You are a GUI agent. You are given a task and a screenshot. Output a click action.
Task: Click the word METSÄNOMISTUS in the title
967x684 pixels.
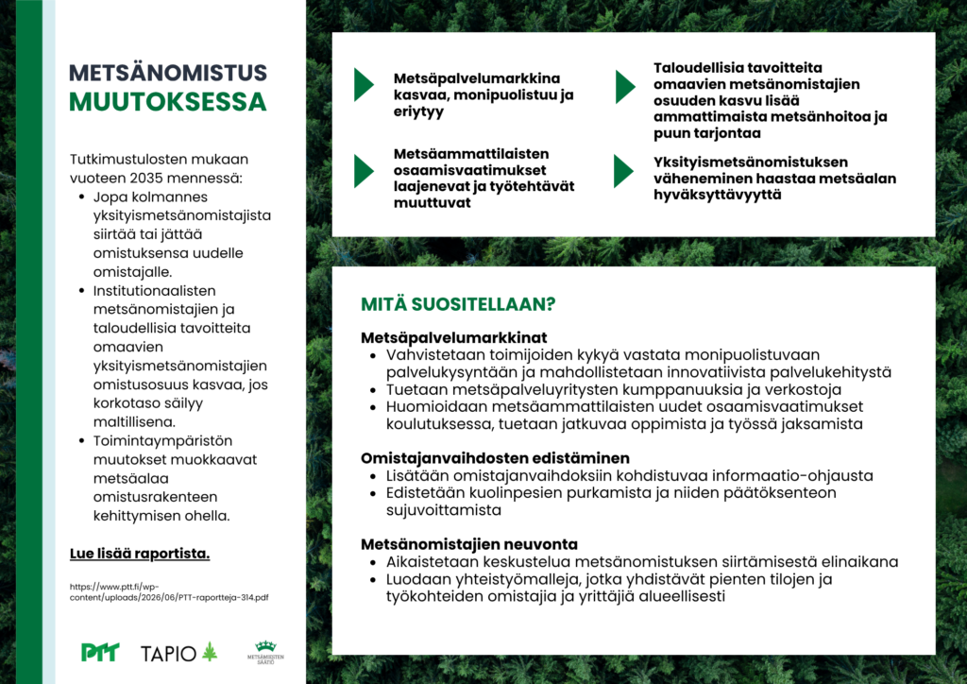[168, 73]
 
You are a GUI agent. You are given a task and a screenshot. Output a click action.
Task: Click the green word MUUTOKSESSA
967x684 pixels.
[168, 102]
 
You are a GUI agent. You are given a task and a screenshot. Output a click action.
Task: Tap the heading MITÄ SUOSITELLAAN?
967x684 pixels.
[458, 304]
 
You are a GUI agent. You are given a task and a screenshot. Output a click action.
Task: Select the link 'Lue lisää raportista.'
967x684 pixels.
[140, 554]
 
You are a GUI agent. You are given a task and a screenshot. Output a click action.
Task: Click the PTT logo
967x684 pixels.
[100, 652]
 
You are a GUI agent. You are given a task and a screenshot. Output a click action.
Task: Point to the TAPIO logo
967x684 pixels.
[178, 653]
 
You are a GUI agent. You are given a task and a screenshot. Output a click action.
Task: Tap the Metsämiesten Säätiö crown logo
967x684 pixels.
[265, 652]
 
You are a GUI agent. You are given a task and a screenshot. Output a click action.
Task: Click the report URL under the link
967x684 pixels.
[169, 592]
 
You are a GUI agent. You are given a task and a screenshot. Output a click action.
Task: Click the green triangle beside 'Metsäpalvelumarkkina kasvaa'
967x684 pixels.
[364, 85]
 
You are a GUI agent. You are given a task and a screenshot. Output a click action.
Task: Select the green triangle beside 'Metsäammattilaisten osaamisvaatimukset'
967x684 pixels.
[364, 171]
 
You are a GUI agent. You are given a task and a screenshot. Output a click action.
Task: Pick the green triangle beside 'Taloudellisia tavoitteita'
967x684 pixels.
[625, 87]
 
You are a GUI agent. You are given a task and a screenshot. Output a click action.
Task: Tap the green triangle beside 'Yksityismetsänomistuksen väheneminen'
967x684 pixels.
[624, 171]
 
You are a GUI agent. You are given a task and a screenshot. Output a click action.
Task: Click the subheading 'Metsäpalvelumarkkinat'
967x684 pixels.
[454, 338]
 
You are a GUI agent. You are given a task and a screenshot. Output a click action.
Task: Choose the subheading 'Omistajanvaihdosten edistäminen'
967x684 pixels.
[495, 458]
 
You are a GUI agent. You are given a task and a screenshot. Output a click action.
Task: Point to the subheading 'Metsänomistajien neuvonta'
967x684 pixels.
[469, 544]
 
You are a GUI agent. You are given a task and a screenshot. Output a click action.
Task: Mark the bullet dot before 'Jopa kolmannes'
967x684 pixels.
[81, 197]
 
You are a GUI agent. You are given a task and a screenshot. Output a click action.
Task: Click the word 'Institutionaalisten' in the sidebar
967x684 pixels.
[154, 290]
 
